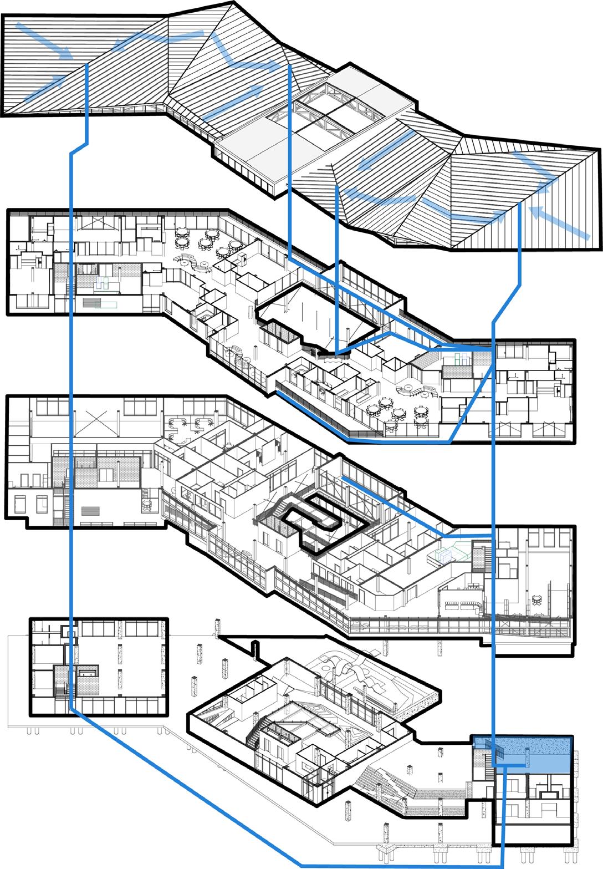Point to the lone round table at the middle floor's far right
pyautogui.click(x=537, y=599)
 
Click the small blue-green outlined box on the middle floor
pyautogui.click(x=447, y=555)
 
